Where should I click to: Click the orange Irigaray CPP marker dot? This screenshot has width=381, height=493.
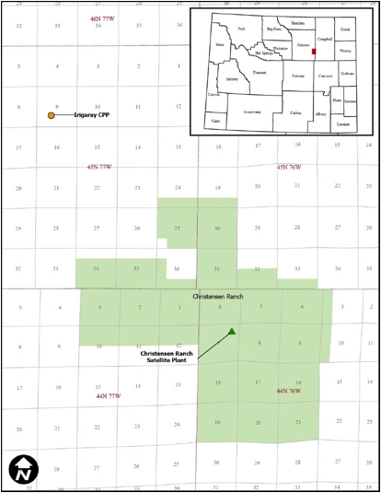(x=52, y=116)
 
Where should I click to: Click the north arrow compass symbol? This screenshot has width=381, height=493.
(x=21, y=470)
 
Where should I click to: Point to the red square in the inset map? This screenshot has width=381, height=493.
(x=315, y=53)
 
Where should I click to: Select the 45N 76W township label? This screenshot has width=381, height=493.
(x=296, y=167)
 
